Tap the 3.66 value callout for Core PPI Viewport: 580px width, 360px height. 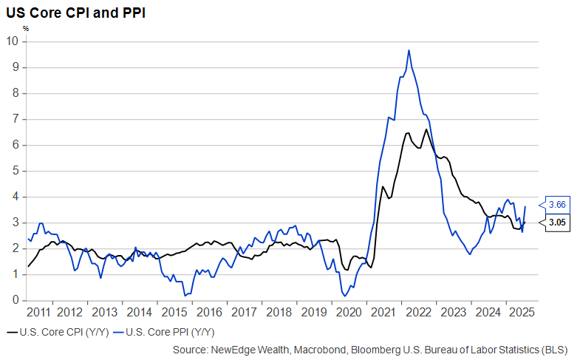[556, 204]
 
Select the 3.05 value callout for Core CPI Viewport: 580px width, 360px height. [556, 220]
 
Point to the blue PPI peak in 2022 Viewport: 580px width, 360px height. [409, 50]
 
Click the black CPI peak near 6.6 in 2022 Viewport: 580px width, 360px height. [426, 130]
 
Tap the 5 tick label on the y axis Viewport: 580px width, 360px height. [15, 171]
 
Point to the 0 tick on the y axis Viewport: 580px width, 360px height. [15, 300]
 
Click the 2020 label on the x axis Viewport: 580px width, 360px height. [347, 311]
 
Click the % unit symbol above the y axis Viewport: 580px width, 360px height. [25, 28]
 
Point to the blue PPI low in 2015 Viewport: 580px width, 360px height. [185, 295]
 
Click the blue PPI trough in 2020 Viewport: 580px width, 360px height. [345, 296]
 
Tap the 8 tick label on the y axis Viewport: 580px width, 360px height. [15, 93]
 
